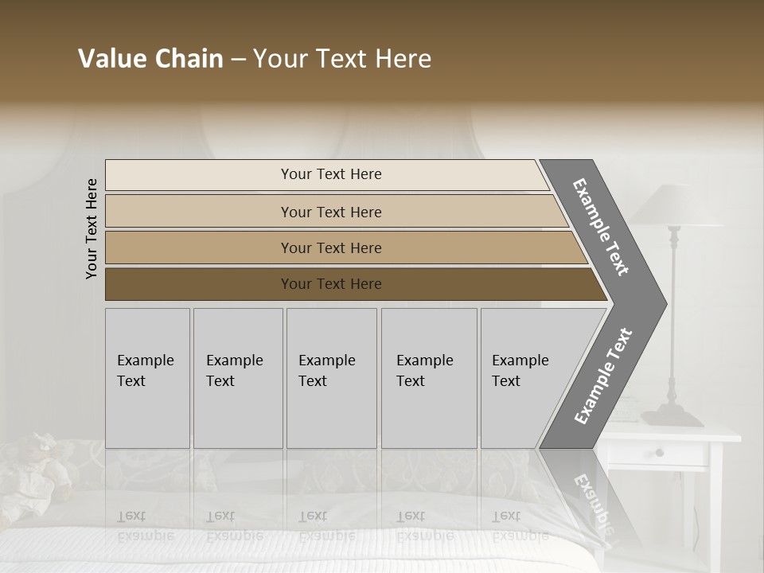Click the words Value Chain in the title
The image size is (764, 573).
tap(150, 59)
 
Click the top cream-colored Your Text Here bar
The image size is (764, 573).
tap(330, 174)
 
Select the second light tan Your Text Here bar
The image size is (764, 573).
tap(330, 212)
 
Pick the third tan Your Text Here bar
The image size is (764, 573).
tap(330, 248)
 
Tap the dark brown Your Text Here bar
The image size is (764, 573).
tap(330, 284)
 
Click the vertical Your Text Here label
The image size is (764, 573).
tap(92, 228)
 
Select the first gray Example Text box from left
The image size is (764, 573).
tap(147, 377)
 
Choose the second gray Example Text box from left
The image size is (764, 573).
tap(237, 377)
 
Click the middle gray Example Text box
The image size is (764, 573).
tap(331, 377)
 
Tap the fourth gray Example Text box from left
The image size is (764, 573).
tap(428, 377)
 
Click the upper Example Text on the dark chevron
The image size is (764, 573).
tap(601, 227)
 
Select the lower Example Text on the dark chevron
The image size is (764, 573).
tap(603, 376)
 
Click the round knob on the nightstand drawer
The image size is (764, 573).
tap(659, 453)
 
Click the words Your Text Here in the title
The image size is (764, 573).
tap(342, 59)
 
